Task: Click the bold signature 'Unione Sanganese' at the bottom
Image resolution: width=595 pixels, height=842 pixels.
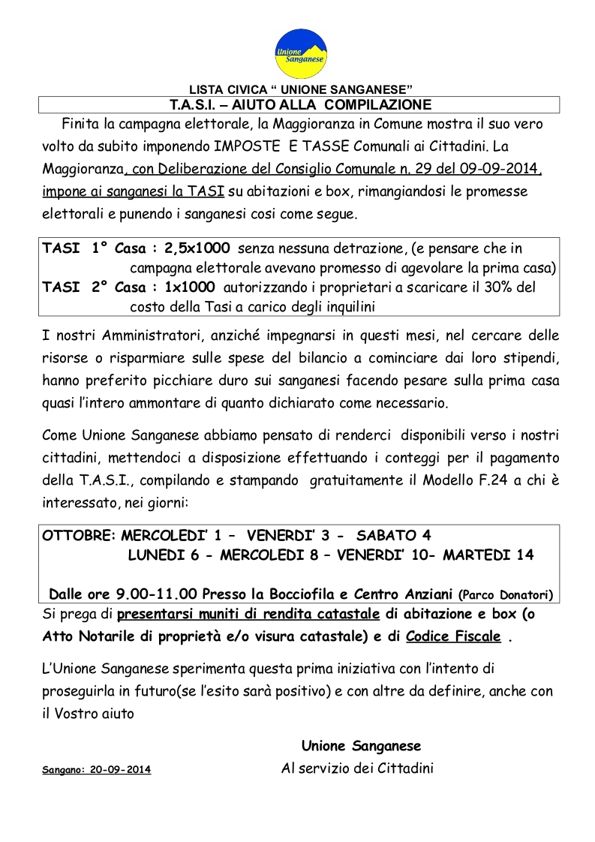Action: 361,746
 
